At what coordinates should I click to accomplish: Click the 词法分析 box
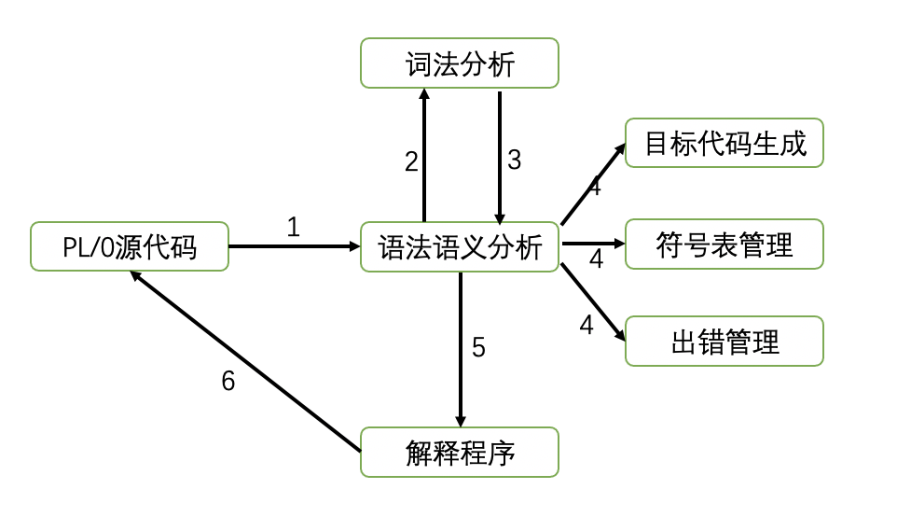(x=460, y=63)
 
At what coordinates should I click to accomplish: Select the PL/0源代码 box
(x=130, y=246)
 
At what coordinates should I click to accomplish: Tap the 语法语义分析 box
(x=460, y=247)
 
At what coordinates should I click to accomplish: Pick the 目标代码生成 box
(x=724, y=143)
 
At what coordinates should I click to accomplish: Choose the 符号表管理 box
(x=724, y=245)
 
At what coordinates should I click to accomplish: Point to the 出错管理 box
(x=724, y=342)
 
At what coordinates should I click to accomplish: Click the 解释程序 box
(x=460, y=453)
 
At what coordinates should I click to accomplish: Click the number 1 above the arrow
(x=294, y=227)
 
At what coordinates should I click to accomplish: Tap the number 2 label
(x=411, y=161)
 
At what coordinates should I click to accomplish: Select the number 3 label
(x=514, y=160)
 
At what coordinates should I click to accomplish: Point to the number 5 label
(x=478, y=348)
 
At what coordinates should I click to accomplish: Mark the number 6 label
(x=228, y=381)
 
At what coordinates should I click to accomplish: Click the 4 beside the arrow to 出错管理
(x=586, y=326)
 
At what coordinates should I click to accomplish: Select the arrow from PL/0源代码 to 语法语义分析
(x=294, y=246)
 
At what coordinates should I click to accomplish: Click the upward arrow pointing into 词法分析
(x=424, y=154)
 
